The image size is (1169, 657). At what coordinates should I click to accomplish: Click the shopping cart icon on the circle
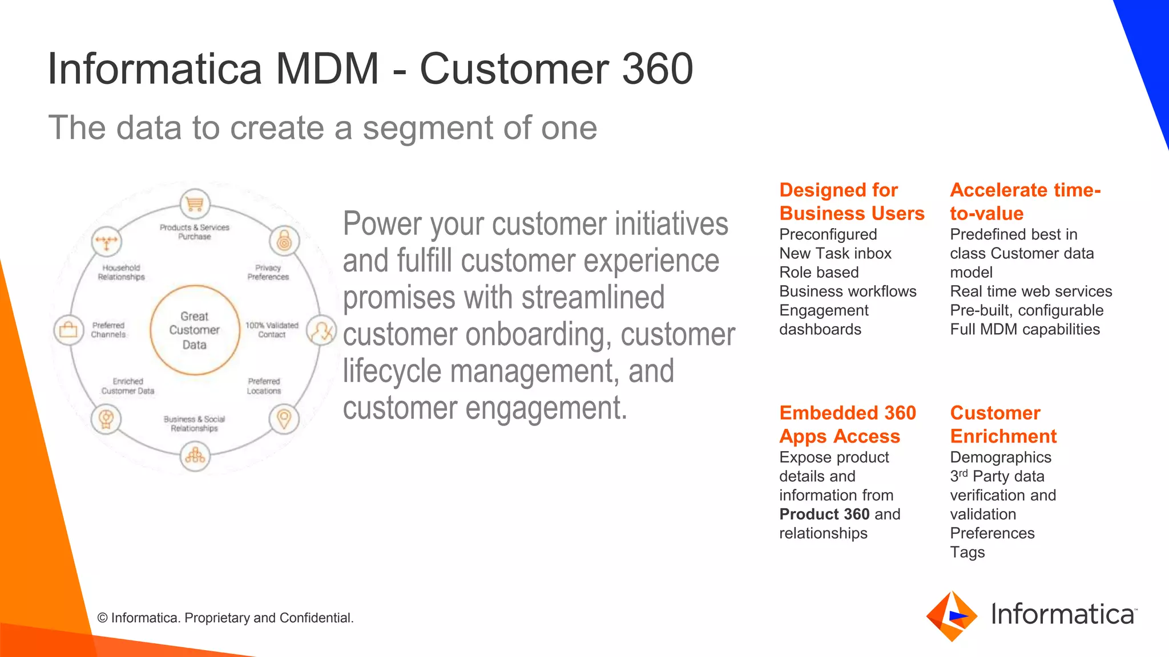(195, 204)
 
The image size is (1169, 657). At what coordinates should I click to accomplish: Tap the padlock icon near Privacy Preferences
(284, 241)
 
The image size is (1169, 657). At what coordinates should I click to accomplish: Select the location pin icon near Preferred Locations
(284, 419)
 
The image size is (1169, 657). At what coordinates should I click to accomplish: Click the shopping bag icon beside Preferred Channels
(68, 330)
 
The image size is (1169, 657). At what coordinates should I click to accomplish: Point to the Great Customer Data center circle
(195, 330)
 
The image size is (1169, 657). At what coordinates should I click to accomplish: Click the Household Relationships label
(121, 272)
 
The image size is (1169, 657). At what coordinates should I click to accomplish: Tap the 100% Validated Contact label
(272, 330)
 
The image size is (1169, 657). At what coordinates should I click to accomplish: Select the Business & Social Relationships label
(194, 423)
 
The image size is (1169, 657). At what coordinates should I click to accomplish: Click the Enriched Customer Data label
(128, 386)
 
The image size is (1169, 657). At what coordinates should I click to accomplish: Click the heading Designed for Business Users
(851, 201)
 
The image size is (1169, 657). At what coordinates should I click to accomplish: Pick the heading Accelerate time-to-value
(1025, 201)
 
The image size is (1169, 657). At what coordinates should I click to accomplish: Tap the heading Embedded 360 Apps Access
(847, 424)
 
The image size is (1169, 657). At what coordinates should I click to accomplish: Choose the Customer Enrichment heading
(1003, 424)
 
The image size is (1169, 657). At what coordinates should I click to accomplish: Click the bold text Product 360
(824, 514)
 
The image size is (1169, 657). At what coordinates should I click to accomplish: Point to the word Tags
(967, 552)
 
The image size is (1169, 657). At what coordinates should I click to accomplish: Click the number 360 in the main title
(657, 69)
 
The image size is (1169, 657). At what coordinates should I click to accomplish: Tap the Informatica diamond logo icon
(952, 616)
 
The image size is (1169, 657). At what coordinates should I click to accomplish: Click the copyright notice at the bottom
(225, 618)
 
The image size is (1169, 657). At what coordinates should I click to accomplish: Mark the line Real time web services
(1030, 291)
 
